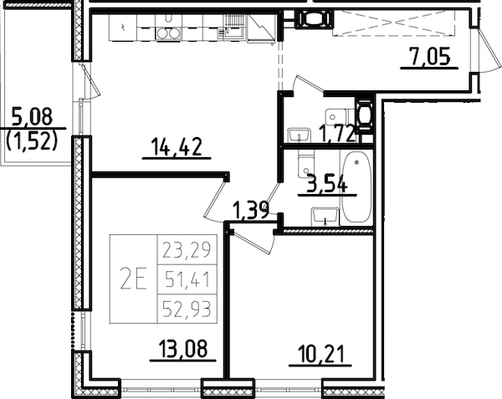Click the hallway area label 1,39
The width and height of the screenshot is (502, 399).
[x=250, y=209]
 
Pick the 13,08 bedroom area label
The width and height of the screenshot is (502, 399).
[x=179, y=347]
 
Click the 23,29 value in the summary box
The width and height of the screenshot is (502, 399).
[x=187, y=248]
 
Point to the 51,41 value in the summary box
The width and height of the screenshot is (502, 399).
[x=187, y=279]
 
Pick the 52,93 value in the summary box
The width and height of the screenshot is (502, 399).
[x=187, y=309]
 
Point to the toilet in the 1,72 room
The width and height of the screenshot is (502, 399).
[x=338, y=115]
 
